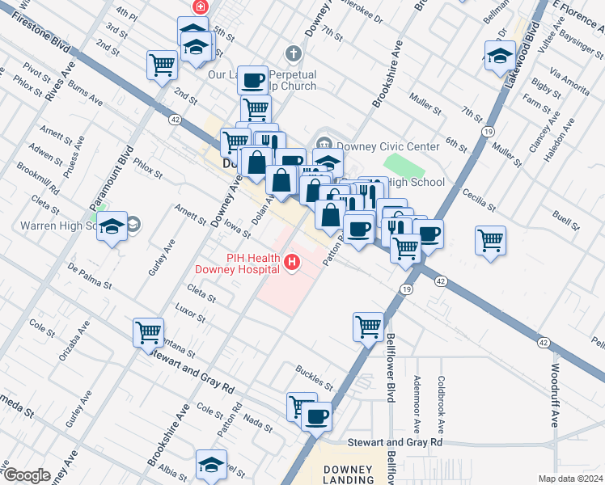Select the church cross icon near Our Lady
[294, 53]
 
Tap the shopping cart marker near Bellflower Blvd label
[368, 327]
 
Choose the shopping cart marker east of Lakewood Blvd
[490, 240]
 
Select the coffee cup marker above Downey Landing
[316, 417]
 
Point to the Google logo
[26, 475]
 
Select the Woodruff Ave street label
[555, 401]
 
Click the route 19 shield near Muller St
[487, 131]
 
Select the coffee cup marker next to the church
[252, 79]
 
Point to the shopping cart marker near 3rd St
[162, 64]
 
